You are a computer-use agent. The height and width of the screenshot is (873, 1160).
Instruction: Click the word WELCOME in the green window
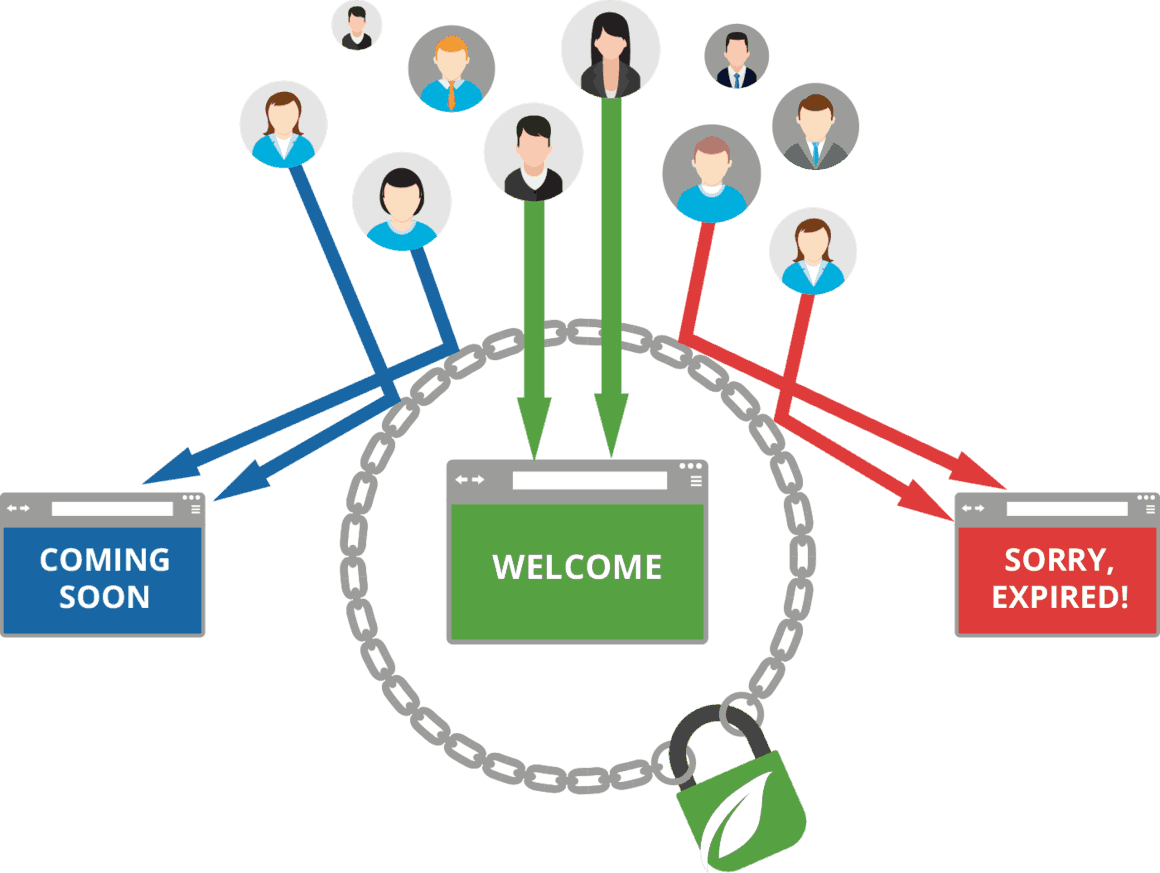[577, 567]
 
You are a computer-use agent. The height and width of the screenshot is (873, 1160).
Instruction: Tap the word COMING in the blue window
[104, 559]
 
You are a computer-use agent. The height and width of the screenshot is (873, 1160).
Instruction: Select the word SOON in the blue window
[104, 597]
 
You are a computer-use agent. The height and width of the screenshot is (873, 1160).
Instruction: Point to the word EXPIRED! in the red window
[1059, 597]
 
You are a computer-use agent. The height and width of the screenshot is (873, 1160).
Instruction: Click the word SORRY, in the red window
[1059, 559]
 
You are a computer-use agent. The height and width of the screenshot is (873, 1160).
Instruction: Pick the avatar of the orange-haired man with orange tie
[452, 69]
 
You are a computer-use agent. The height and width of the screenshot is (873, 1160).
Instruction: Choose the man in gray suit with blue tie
[815, 126]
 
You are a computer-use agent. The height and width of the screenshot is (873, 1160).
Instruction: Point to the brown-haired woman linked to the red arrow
[812, 250]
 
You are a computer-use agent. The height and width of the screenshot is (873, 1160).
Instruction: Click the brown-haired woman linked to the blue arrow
[283, 124]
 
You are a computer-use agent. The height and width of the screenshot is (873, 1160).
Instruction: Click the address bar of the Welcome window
[589, 480]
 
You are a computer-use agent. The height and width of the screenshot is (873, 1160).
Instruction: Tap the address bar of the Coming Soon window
[112, 509]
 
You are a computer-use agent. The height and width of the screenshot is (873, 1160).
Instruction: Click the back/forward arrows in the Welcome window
[469, 480]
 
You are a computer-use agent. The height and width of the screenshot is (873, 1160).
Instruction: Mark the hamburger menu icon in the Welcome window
[696, 481]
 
